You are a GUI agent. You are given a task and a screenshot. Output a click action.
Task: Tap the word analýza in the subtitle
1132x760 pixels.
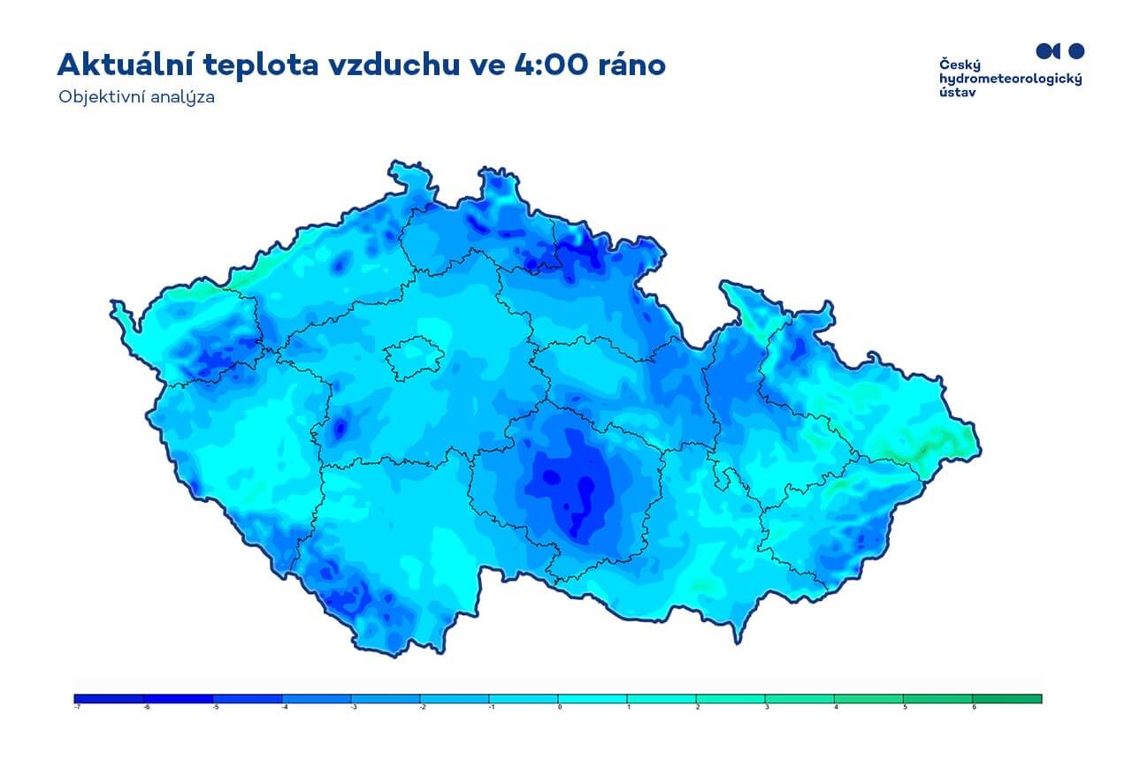pos(183,97)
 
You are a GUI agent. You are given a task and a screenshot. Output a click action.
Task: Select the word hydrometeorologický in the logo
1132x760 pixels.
pos(1010,79)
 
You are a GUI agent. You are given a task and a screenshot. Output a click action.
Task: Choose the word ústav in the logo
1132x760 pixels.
pos(958,92)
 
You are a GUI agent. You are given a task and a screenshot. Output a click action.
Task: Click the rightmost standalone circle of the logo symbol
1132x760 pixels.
pos(1075,49)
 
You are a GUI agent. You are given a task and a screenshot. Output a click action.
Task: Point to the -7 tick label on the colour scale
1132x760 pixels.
pos(76,707)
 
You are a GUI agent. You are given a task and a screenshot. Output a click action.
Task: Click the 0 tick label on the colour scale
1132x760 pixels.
pos(559,707)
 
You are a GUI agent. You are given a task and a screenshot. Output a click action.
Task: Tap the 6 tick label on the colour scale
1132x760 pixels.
pos(973,707)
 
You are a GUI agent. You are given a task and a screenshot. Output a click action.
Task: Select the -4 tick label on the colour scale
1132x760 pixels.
pos(282,707)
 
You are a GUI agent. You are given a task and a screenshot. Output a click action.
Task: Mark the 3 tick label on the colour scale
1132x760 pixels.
pos(766,707)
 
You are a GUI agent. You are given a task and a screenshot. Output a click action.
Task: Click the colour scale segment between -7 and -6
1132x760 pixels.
pos(109,698)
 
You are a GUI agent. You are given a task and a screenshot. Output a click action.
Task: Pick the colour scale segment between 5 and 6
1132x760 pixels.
pos(938,698)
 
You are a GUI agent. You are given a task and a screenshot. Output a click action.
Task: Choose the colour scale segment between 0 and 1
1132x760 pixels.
pos(593,698)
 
